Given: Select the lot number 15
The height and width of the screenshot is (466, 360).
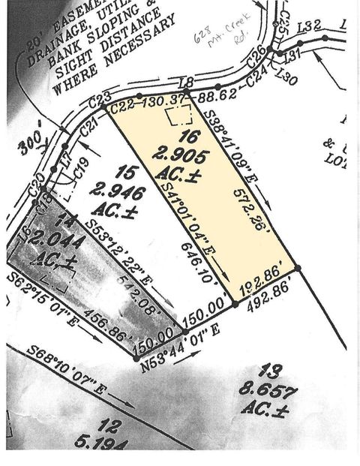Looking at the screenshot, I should tap(130, 172).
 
